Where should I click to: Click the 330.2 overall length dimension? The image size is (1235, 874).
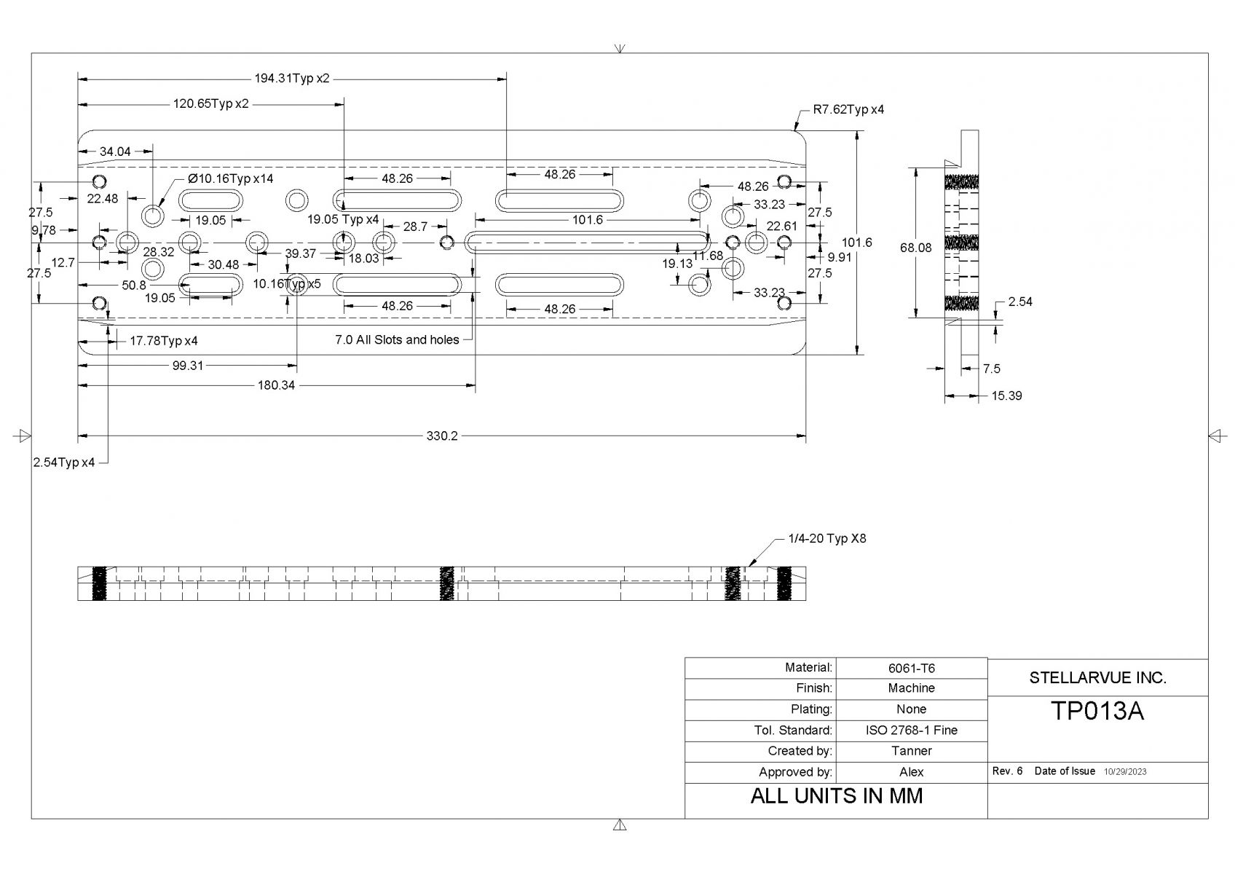click(x=441, y=436)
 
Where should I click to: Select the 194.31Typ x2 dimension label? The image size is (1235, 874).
click(x=292, y=79)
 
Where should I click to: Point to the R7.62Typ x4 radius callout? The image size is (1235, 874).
click(x=848, y=109)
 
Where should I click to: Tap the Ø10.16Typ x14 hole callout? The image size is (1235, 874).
click(x=230, y=178)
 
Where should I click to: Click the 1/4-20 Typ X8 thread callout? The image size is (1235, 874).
click(x=827, y=538)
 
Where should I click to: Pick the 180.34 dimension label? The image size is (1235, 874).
click(x=276, y=385)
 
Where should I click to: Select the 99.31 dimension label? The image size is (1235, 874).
click(x=187, y=366)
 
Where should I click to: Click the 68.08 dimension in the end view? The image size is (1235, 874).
click(x=916, y=248)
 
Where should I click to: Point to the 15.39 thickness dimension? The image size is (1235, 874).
click(x=1007, y=396)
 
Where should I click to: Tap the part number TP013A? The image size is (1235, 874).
click(x=1097, y=712)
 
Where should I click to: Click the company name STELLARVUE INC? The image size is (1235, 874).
click(x=1097, y=677)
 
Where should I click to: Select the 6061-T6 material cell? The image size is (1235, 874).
click(x=912, y=669)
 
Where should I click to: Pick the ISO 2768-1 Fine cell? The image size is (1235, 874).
click(x=912, y=730)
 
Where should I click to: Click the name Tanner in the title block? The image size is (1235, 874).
click(x=912, y=751)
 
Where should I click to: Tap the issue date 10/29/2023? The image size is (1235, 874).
click(x=1125, y=772)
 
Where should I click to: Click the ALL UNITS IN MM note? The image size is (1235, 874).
click(x=837, y=796)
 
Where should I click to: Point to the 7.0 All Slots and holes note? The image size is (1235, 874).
click(x=397, y=339)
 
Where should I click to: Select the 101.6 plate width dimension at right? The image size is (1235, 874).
click(x=857, y=243)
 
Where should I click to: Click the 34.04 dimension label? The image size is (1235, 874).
click(x=115, y=151)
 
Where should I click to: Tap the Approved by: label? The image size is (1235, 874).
click(x=795, y=772)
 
